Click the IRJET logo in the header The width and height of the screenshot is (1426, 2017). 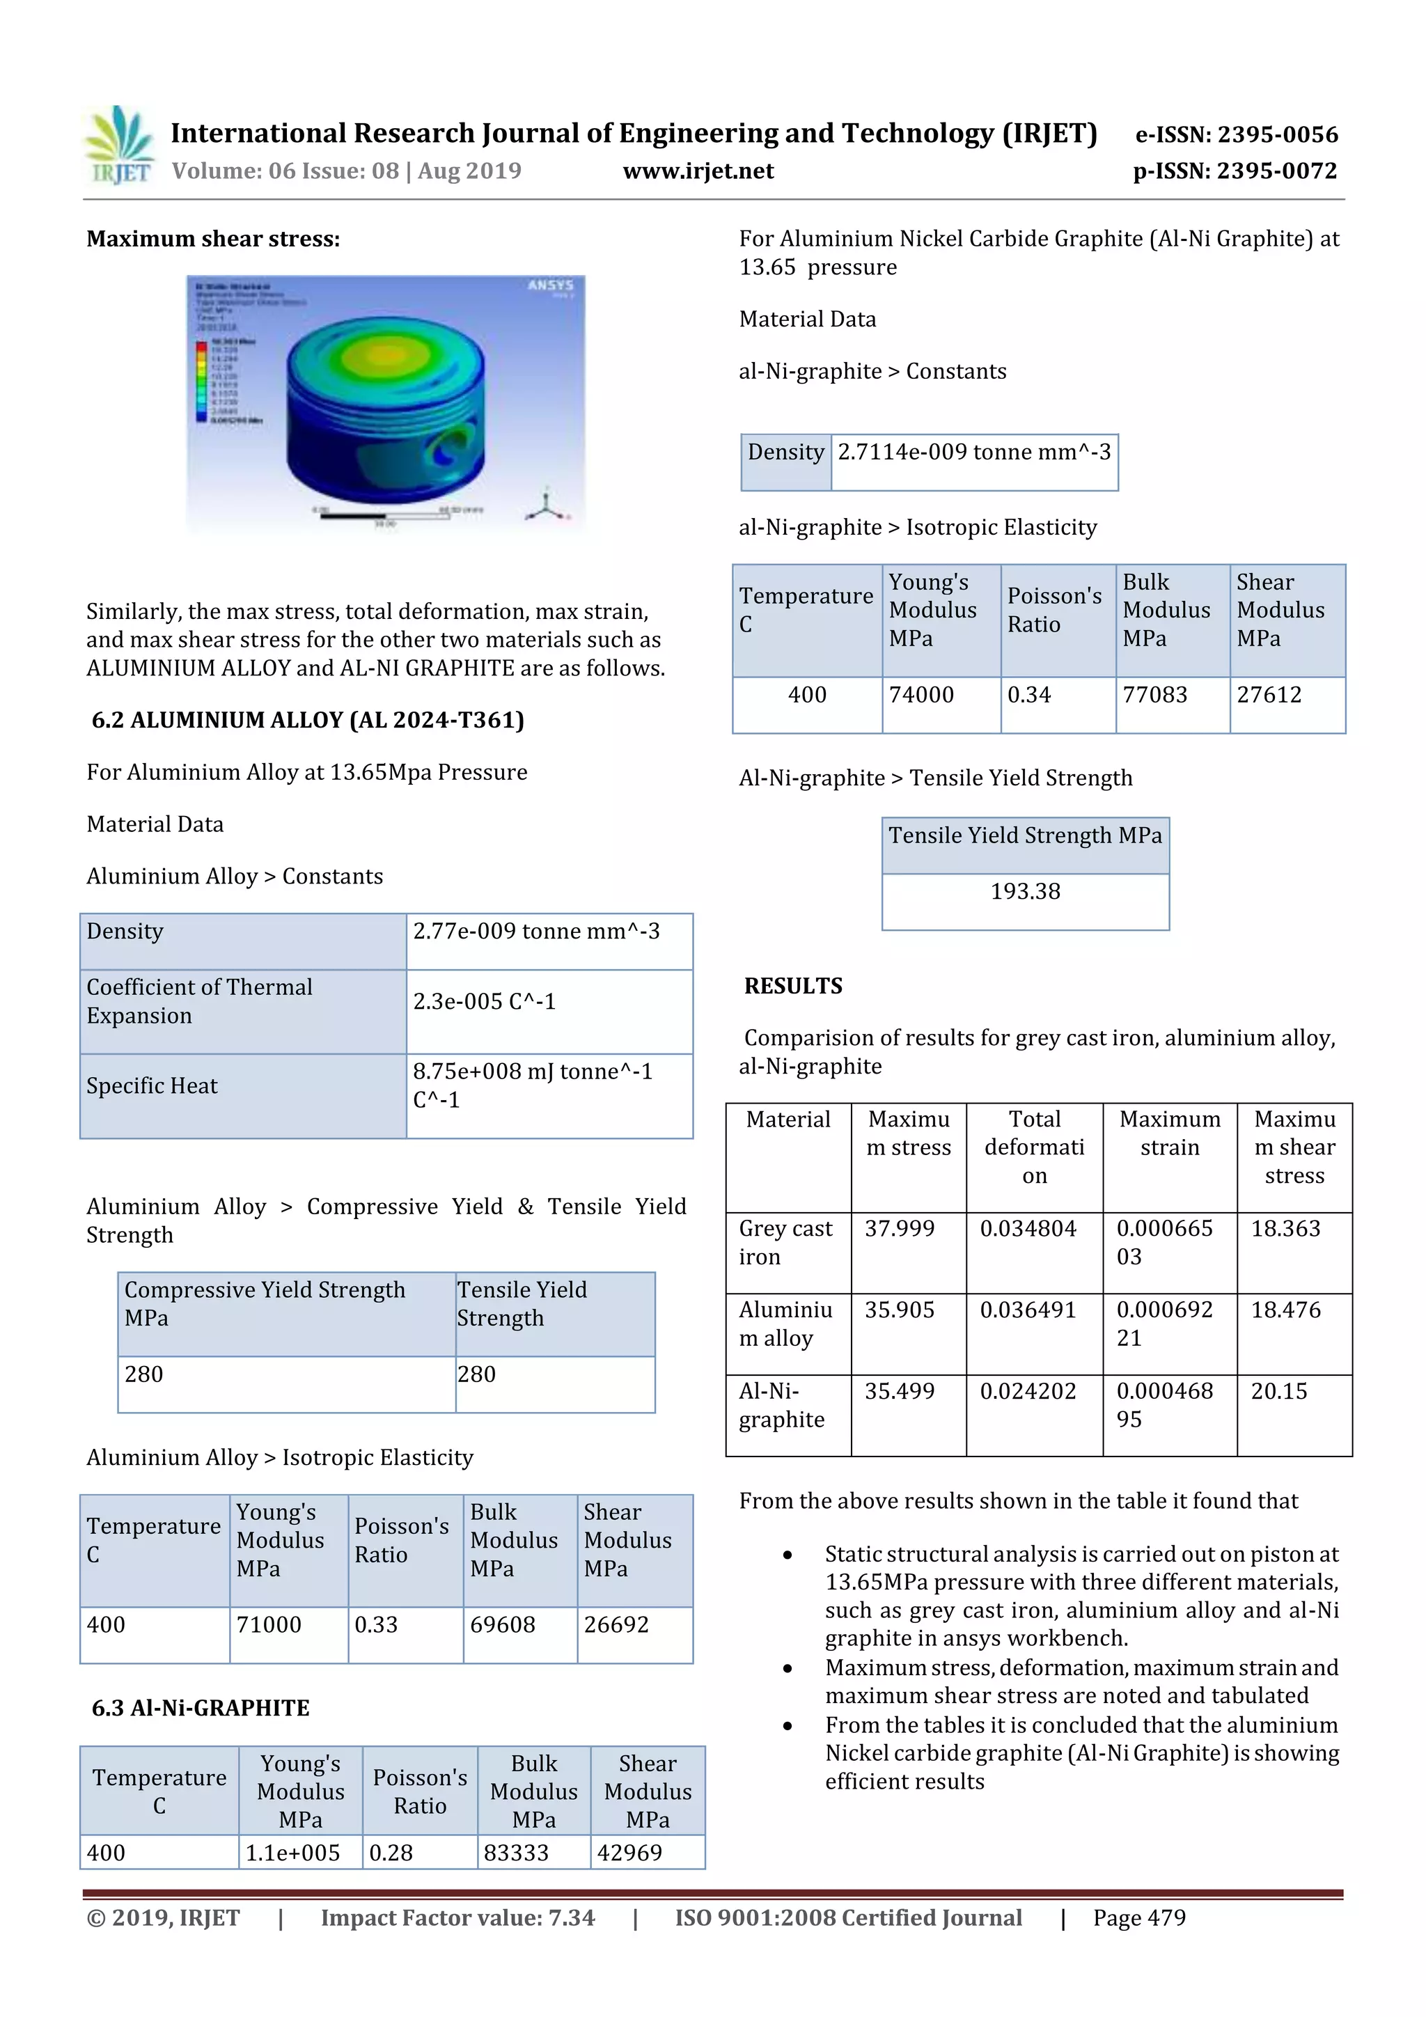pyautogui.click(x=118, y=146)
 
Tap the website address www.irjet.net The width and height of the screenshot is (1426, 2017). pyautogui.click(x=698, y=171)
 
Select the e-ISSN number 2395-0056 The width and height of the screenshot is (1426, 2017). pyautogui.click(x=1236, y=134)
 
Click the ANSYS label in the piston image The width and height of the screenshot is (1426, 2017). pyautogui.click(x=550, y=285)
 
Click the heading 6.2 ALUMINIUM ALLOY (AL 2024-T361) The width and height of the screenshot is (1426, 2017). pyautogui.click(x=308, y=721)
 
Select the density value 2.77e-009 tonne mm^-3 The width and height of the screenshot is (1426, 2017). pyautogui.click(x=536, y=931)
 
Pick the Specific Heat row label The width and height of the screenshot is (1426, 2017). pyautogui.click(x=151, y=1086)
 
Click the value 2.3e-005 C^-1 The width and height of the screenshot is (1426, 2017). pyautogui.click(x=484, y=1001)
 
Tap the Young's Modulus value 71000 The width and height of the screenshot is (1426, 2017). pyautogui.click(x=269, y=1624)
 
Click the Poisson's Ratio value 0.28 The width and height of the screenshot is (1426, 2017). pyautogui.click(x=391, y=1853)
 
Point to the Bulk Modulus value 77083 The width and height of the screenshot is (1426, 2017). pyautogui.click(x=1154, y=695)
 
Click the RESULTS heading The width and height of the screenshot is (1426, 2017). pyautogui.click(x=792, y=986)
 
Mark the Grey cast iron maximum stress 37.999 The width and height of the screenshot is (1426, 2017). pyautogui.click(x=899, y=1228)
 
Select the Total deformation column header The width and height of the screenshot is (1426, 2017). pyautogui.click(x=1034, y=1147)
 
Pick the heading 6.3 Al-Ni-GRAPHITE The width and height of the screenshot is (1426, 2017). pyautogui.click(x=201, y=1708)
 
